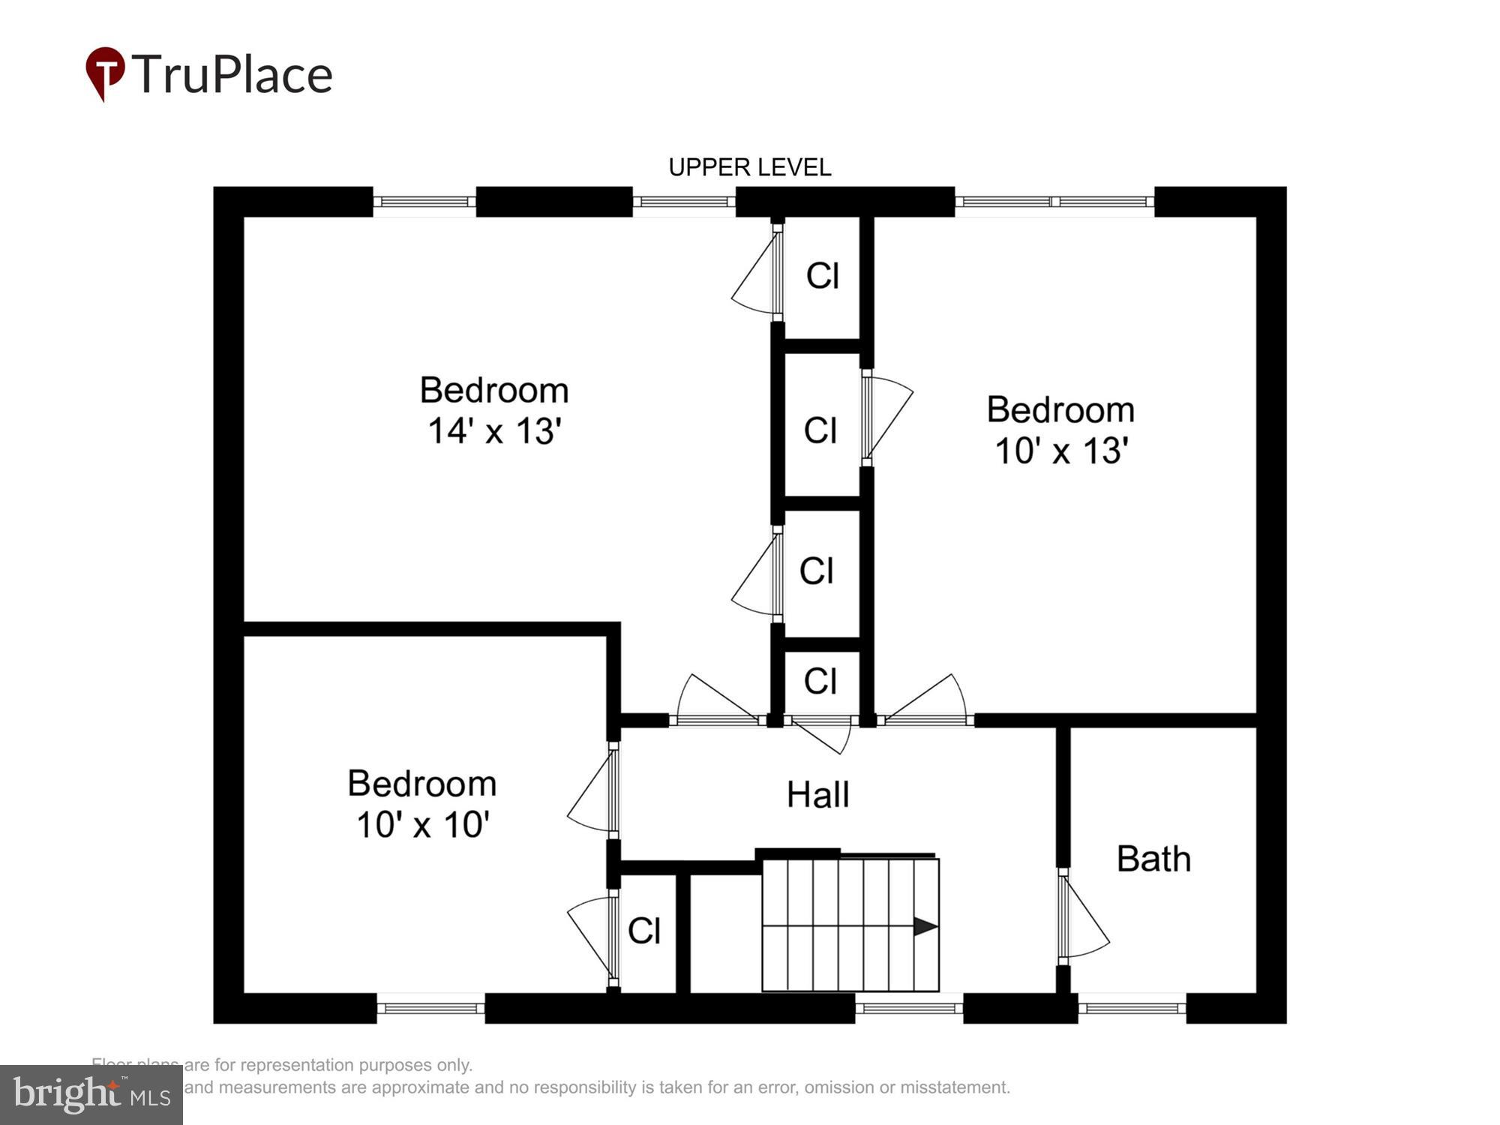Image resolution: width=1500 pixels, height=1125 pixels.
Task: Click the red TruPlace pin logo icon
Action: [x=104, y=72]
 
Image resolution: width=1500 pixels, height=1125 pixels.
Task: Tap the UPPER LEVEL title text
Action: [x=749, y=167]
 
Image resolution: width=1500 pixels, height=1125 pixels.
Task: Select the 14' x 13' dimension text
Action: [x=494, y=431]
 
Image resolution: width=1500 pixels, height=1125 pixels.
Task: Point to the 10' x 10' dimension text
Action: [x=423, y=825]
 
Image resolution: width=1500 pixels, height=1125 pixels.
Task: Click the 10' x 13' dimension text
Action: [x=1061, y=451]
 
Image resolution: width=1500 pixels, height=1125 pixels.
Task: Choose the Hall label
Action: [x=817, y=795]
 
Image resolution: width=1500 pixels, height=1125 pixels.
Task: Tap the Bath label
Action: [x=1153, y=859]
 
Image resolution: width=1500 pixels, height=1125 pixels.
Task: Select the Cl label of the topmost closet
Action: [x=822, y=276]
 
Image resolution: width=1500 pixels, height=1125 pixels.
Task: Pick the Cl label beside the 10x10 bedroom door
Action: [x=643, y=931]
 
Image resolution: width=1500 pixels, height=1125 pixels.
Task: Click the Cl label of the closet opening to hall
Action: [x=820, y=682]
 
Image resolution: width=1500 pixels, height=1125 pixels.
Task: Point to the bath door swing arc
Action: [x=1087, y=926]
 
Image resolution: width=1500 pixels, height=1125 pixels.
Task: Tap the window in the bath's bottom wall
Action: [x=1132, y=1008]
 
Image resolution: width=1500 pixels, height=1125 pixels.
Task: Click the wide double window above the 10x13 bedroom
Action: [x=1054, y=202]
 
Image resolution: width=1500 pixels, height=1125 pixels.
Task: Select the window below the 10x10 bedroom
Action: [x=430, y=1008]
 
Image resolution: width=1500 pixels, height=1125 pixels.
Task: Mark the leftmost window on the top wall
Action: [x=424, y=202]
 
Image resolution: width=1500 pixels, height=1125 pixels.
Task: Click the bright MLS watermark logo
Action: [x=91, y=1094]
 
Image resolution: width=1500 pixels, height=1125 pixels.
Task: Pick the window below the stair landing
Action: [x=908, y=1008]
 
